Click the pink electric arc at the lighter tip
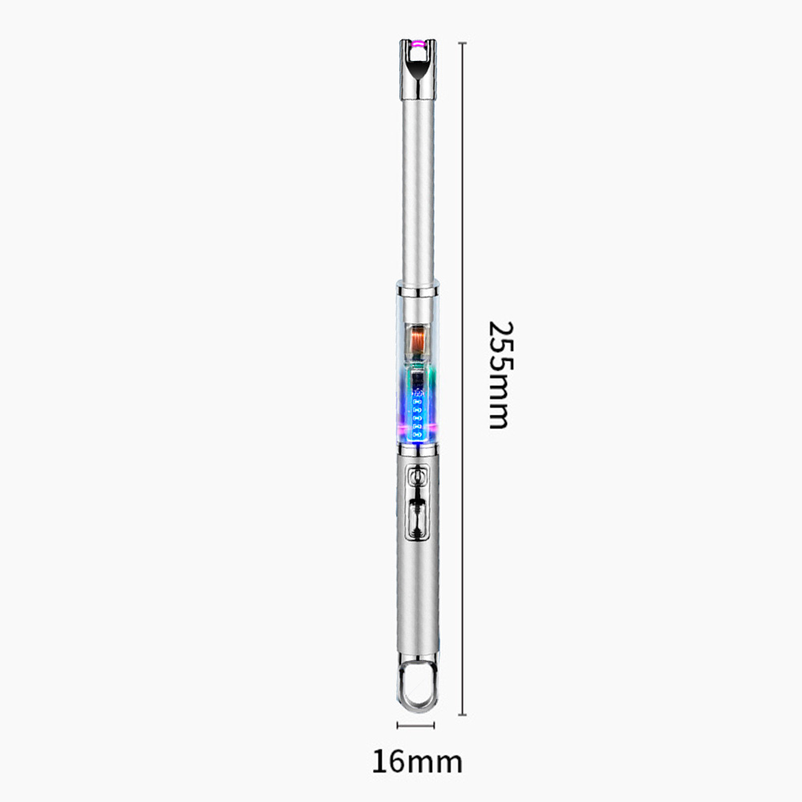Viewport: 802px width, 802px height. click(x=418, y=45)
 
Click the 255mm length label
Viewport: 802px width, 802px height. click(x=500, y=375)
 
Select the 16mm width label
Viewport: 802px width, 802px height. click(x=417, y=762)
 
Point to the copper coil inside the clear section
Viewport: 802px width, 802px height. click(x=418, y=339)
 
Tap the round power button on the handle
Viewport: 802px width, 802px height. click(x=417, y=477)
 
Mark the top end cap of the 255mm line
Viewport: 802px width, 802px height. click(x=463, y=43)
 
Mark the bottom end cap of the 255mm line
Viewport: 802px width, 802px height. click(x=463, y=715)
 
